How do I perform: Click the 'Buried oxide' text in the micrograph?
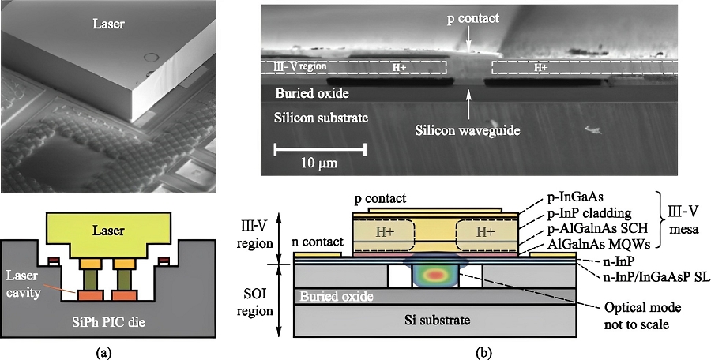coord(313,92)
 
